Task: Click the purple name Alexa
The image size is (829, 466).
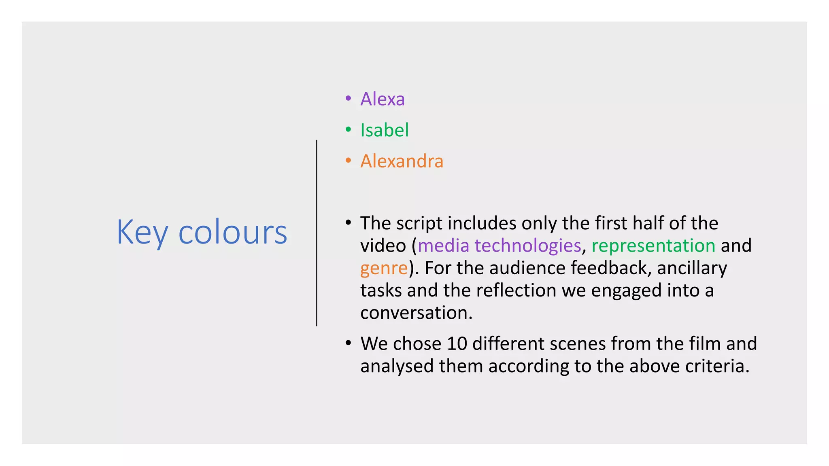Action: coord(382,99)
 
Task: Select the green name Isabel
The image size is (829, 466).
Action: coord(384,130)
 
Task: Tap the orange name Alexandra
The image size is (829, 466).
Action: coord(402,161)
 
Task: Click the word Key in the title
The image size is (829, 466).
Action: coord(142,233)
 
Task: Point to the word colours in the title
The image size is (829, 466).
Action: coord(232,233)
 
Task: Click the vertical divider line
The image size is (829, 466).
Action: coord(317,233)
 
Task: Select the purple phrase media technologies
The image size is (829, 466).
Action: coord(499,246)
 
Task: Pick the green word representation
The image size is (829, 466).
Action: coord(653,246)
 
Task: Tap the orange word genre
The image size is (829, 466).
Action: coord(384,268)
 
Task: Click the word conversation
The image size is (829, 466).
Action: coord(416,313)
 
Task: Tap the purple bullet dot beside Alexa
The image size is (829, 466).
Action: coord(348,98)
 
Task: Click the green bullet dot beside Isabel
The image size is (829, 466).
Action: coord(348,129)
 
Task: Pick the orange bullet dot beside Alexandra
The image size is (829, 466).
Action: coord(348,161)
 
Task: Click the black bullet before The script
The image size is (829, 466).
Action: coord(348,223)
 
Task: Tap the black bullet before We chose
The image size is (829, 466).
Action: coord(348,343)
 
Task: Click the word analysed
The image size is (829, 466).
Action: coord(397,366)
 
